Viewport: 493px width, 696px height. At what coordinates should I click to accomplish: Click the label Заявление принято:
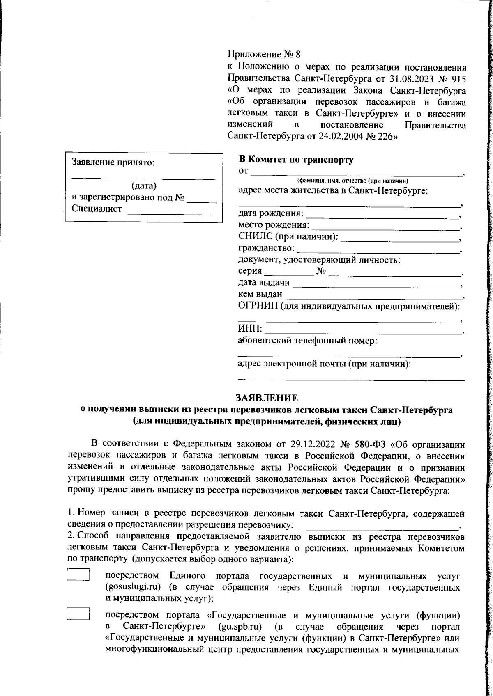coord(113,162)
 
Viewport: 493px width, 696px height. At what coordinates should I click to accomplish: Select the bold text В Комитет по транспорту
coord(296,160)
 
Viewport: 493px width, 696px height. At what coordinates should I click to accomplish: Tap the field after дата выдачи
coord(376,284)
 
